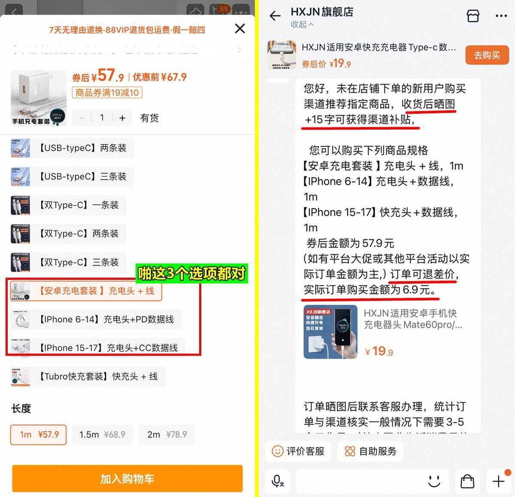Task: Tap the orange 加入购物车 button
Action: pos(127,479)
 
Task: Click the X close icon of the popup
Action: pos(240,29)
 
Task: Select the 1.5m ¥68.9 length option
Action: pos(102,435)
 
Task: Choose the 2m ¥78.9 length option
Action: pos(167,435)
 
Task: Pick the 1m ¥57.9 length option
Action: pos(39,435)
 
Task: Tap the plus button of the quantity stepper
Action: pos(122,118)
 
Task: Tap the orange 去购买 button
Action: pos(487,55)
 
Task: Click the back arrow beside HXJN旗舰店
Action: pos(275,16)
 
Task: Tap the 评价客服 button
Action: pos(298,451)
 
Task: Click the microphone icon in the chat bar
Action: pos(277,481)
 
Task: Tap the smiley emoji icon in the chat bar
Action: pos(434,481)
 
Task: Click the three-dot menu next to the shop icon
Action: pos(501,16)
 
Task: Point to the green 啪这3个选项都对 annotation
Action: pos(192,273)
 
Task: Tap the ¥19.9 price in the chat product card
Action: pos(379,352)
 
